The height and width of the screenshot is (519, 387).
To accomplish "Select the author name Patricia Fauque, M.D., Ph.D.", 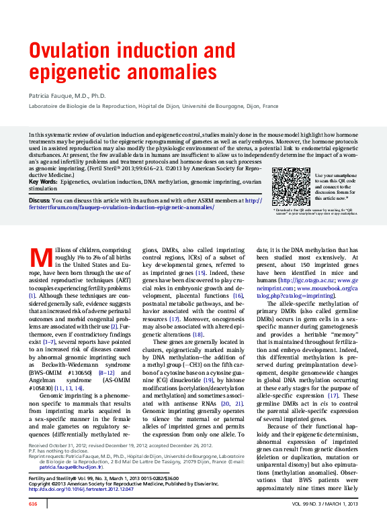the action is tap(67, 97).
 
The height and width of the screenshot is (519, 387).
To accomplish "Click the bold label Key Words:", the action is tap(43, 182).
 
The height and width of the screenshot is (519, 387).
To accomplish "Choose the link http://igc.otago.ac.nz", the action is tap(305, 280).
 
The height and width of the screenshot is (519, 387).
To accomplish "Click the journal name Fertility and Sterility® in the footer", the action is tap(54, 478).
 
